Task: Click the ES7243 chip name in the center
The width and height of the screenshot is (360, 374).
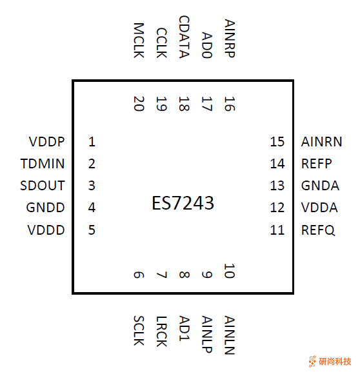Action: (x=183, y=204)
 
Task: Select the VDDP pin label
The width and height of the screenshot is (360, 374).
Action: (x=46, y=142)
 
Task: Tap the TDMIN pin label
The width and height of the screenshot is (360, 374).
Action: (x=43, y=164)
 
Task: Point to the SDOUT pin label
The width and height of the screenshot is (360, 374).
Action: (x=43, y=186)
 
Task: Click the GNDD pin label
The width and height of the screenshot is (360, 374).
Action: (x=45, y=208)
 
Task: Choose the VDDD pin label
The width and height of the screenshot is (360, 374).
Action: (x=46, y=230)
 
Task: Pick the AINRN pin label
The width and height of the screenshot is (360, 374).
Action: (x=321, y=142)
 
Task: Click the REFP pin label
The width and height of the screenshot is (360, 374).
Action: (x=316, y=164)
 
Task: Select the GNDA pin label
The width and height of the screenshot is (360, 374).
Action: (x=320, y=186)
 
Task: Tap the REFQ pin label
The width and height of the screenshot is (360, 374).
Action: (x=318, y=230)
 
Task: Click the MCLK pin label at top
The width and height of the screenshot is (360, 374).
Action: (x=138, y=41)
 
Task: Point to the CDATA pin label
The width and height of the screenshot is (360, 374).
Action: (x=184, y=37)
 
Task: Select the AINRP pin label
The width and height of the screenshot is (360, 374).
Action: (x=229, y=39)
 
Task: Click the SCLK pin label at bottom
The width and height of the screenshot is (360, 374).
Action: (x=138, y=330)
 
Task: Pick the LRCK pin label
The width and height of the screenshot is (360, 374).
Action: (x=161, y=330)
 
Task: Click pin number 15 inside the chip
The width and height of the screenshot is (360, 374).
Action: (x=277, y=142)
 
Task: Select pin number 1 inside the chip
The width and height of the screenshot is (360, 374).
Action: (x=92, y=142)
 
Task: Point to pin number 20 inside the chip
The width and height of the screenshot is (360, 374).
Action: (x=138, y=104)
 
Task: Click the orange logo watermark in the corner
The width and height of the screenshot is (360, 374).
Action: (x=330, y=361)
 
